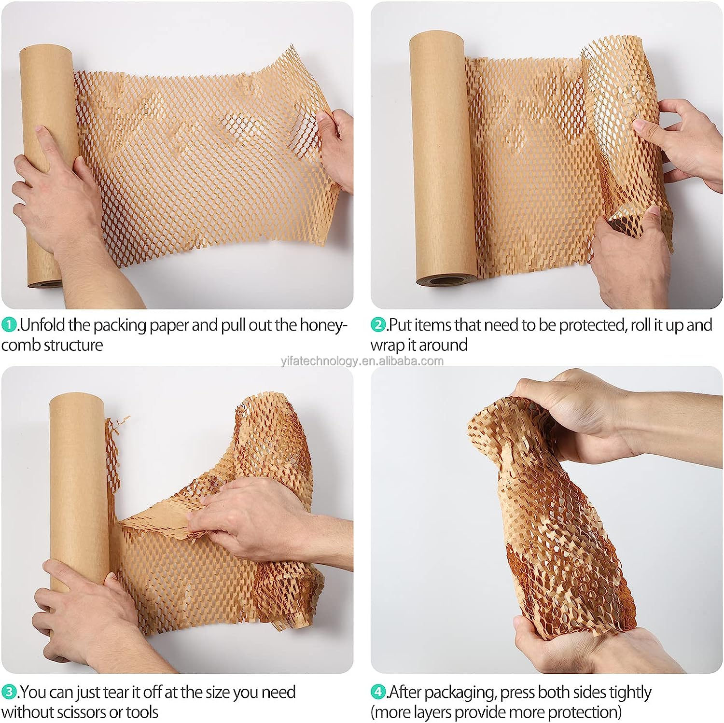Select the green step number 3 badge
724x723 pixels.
(9, 692)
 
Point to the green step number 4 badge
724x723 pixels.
(378, 692)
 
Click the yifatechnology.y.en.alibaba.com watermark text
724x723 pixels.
(362, 361)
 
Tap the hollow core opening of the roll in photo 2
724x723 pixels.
(446, 280)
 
